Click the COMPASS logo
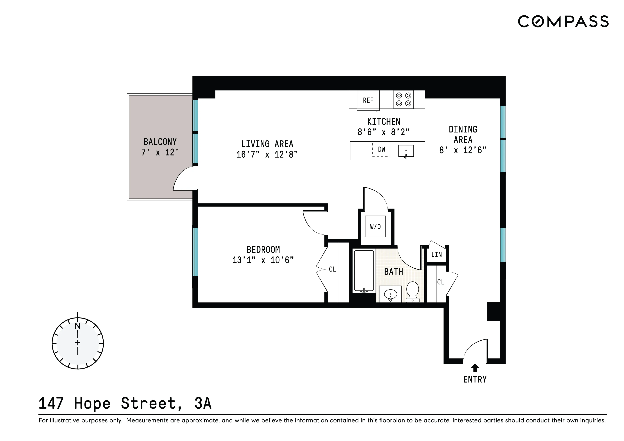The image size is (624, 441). click(x=563, y=21)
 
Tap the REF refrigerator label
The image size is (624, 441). click(x=368, y=100)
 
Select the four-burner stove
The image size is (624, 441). click(x=403, y=99)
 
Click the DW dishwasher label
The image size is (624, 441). click(x=381, y=149)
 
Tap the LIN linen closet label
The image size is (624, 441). click(x=436, y=255)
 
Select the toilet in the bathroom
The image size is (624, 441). click(x=412, y=291)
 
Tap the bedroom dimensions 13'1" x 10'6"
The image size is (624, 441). click(x=263, y=260)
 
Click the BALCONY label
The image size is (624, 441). click(x=160, y=142)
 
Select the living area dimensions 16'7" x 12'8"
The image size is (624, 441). click(x=267, y=154)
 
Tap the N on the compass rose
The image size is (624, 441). click(x=78, y=326)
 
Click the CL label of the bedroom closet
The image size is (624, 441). click(x=332, y=269)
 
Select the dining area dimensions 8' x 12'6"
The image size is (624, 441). click(x=463, y=150)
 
